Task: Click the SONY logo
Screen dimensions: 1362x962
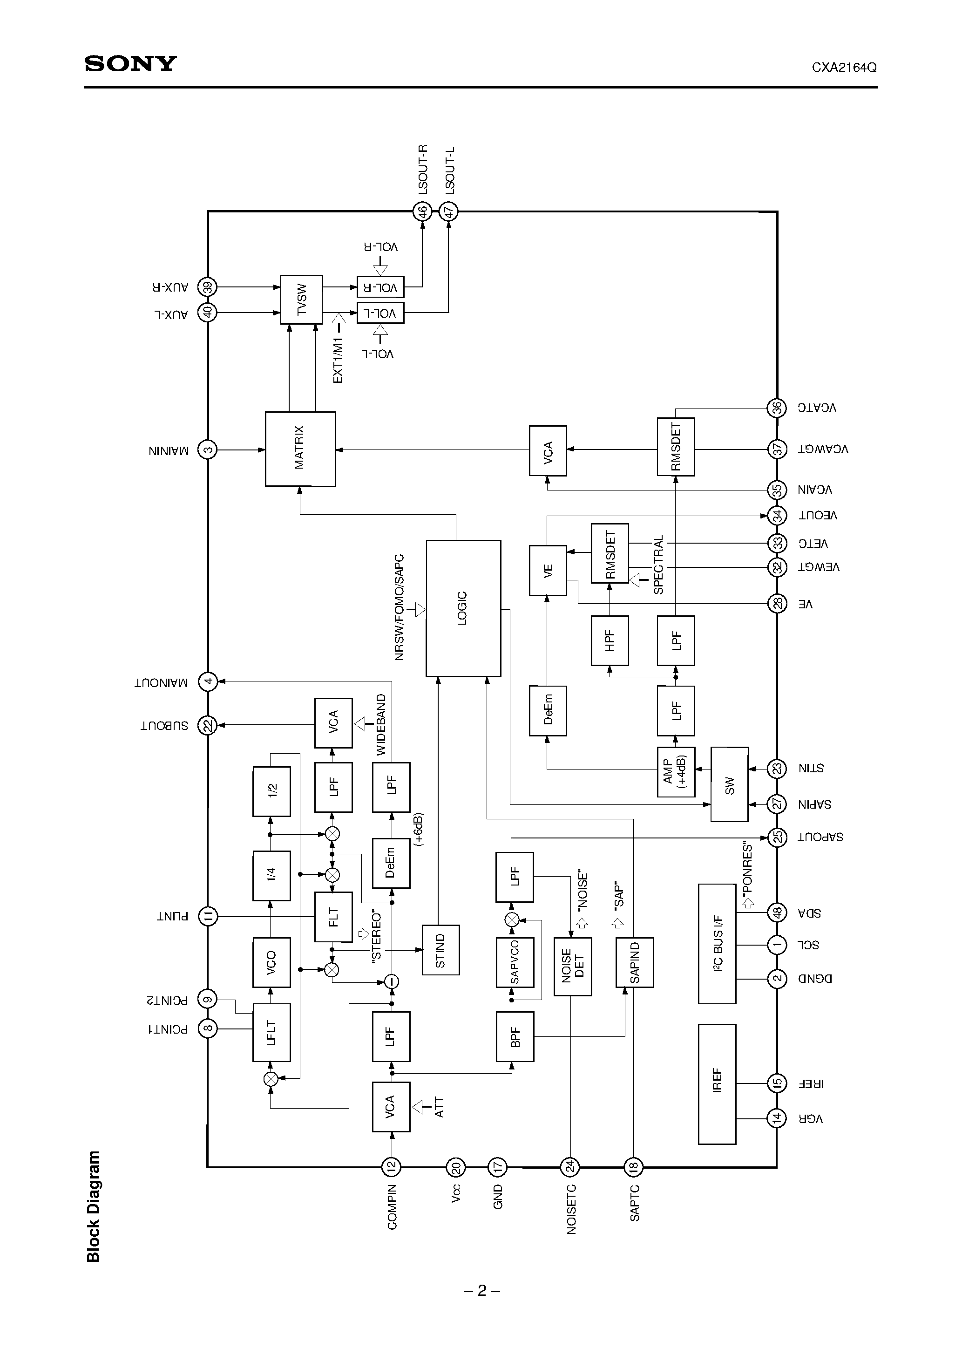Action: (130, 63)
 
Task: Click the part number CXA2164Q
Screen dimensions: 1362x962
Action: (844, 68)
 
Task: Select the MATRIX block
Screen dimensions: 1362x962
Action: (300, 449)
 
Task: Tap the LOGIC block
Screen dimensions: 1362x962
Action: (463, 608)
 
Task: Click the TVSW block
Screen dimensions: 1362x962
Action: (301, 300)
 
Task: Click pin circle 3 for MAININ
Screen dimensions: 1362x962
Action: (208, 449)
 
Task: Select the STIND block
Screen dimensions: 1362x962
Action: (440, 950)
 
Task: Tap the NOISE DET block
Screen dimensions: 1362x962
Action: (572, 967)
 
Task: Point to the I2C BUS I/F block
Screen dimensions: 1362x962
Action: (717, 944)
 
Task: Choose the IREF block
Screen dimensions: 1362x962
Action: (717, 1084)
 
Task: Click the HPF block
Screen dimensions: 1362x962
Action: (610, 640)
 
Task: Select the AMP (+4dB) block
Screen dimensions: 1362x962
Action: (676, 772)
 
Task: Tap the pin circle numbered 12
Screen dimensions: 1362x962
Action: (391, 1167)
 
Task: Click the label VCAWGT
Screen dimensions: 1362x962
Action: (823, 449)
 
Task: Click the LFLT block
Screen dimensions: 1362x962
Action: (271, 1033)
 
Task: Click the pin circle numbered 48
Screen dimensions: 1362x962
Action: (776, 913)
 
